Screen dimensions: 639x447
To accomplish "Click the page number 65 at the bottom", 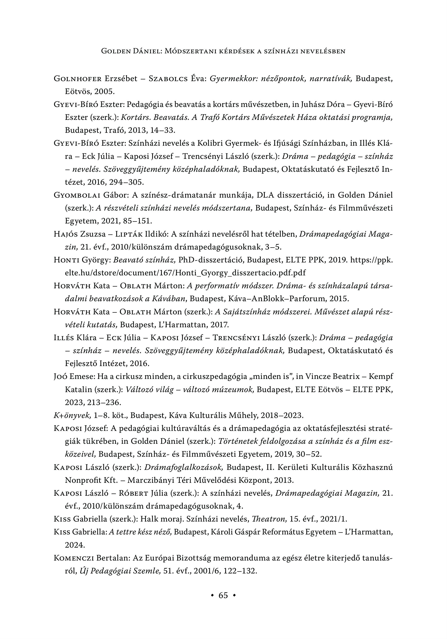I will (223, 595).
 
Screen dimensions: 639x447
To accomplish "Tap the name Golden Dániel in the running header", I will (131, 51).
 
